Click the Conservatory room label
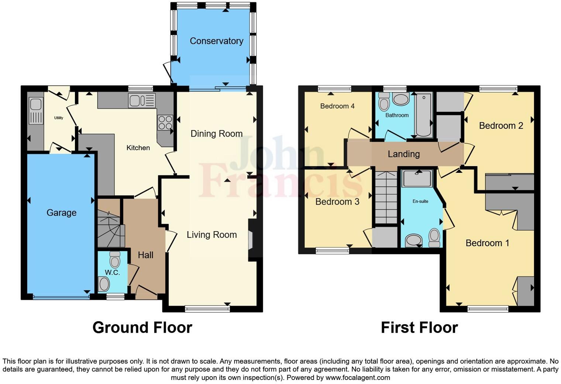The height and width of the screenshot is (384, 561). click(x=216, y=41)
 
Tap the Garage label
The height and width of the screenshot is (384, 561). click(x=61, y=213)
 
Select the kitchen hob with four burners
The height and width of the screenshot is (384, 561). click(x=165, y=123)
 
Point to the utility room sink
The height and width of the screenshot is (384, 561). click(x=36, y=111)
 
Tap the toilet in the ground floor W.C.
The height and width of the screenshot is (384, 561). click(x=115, y=260)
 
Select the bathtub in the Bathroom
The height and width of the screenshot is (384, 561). click(x=424, y=115)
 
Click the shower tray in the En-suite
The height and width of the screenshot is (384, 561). click(x=417, y=178)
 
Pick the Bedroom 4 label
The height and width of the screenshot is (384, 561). click(x=337, y=106)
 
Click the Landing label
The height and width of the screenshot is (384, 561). click(x=403, y=154)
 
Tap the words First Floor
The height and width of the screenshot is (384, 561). click(x=419, y=328)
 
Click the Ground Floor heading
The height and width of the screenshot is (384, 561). click(x=142, y=328)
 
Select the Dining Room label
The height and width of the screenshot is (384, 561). click(x=216, y=134)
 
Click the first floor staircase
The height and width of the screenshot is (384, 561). click(x=386, y=198)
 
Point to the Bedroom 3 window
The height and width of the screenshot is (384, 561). click(x=332, y=251)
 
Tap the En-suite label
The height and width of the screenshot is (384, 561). click(x=420, y=201)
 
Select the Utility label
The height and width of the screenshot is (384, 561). click(x=58, y=118)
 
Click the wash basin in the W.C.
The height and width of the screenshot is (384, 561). click(x=104, y=285)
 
